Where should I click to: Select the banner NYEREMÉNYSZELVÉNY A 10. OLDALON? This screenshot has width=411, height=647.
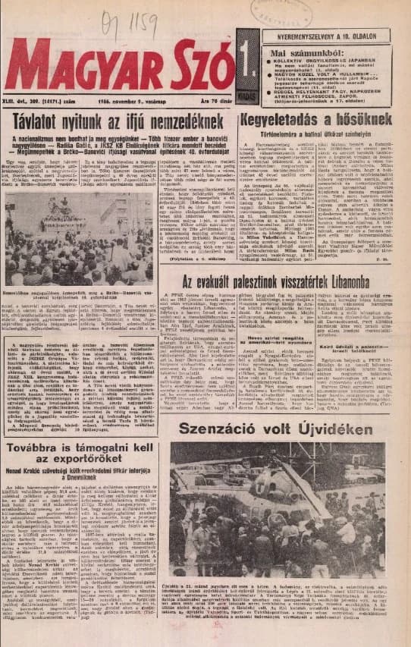327,35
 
